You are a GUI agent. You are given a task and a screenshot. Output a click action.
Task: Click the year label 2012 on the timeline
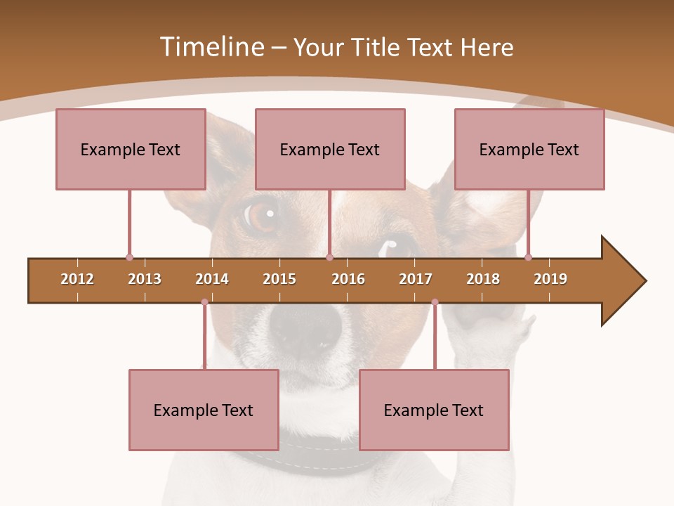tap(77, 279)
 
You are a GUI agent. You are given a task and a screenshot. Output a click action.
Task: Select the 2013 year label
tap(145, 279)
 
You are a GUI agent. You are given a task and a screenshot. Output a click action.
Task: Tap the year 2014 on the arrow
tap(212, 279)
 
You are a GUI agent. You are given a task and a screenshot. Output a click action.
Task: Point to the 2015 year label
tap(279, 279)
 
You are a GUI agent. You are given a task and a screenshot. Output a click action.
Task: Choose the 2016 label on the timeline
tap(348, 279)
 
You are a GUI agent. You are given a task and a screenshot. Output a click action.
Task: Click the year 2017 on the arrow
tap(416, 279)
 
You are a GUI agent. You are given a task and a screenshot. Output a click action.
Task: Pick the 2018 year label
tap(483, 279)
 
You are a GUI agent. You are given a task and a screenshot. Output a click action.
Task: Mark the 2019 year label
tap(550, 279)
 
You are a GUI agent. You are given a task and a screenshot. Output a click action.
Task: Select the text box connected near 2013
tap(131, 149)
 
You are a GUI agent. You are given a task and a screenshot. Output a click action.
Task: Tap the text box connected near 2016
tap(330, 149)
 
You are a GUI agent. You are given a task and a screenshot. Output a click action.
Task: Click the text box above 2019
tap(529, 149)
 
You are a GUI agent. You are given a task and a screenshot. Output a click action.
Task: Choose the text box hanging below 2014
tap(204, 410)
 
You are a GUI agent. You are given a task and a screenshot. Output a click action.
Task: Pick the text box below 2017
tap(434, 410)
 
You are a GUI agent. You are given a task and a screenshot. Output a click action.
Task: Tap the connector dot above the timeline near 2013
tap(129, 257)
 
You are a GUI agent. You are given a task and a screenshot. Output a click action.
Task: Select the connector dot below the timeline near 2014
tap(204, 302)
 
